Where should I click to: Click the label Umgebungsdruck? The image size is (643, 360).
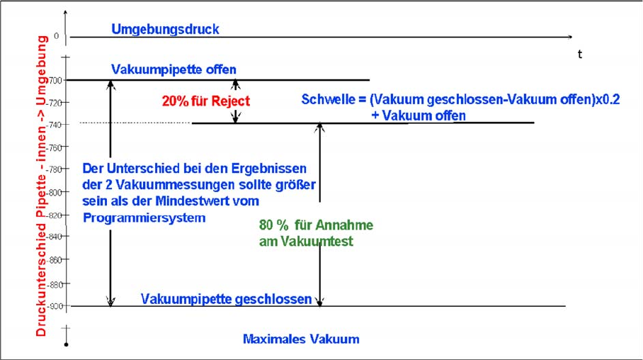[165, 29]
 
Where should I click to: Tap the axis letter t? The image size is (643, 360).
[580, 55]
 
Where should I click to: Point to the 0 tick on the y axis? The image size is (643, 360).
[57, 35]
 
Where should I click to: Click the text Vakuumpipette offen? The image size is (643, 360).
[173, 69]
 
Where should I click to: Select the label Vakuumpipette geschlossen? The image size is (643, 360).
[227, 298]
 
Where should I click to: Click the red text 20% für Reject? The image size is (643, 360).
[205, 101]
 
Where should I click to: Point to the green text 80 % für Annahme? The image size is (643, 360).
[316, 225]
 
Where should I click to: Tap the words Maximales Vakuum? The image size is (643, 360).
[301, 339]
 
